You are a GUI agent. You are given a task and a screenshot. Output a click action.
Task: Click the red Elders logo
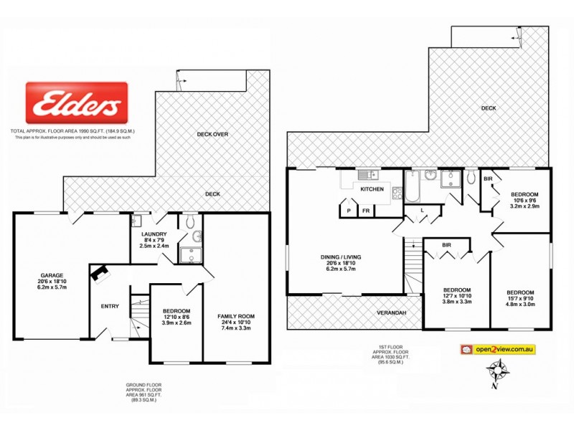coord(77,102)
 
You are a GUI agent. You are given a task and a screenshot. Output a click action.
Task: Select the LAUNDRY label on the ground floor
coord(154,234)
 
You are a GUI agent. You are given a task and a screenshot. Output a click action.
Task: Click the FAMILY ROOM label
coord(237,316)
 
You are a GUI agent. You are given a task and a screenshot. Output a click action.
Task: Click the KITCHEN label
coord(372,189)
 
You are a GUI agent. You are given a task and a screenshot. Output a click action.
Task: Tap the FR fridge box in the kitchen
coord(365,211)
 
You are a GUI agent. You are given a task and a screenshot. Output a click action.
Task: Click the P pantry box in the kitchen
coord(349,211)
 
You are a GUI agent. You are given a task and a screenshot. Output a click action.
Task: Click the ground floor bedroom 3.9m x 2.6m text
coord(175,322)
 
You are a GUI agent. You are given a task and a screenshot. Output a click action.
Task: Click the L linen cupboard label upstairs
coord(422,209)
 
